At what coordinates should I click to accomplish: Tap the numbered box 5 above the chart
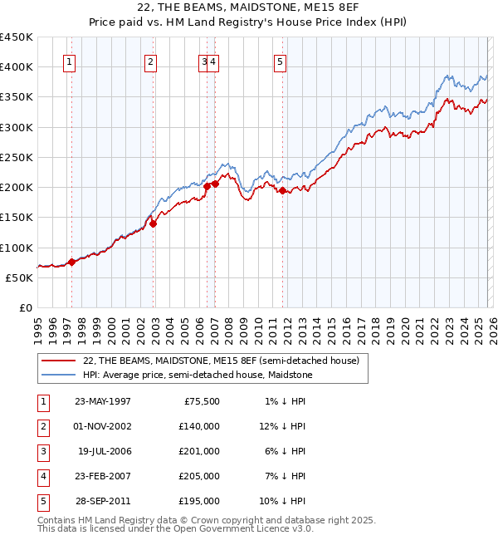point(281,61)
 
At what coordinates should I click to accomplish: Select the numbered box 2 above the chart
point(149,61)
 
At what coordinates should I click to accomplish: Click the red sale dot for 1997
point(71,262)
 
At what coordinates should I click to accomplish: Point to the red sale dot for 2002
point(153,223)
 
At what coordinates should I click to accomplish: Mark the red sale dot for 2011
point(283,190)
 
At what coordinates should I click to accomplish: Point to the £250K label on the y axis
point(17,157)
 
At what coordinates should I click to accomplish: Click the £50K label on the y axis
point(19,277)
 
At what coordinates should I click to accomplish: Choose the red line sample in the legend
point(59,361)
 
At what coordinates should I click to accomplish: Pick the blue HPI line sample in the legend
point(59,375)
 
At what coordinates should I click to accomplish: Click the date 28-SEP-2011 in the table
point(102,501)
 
